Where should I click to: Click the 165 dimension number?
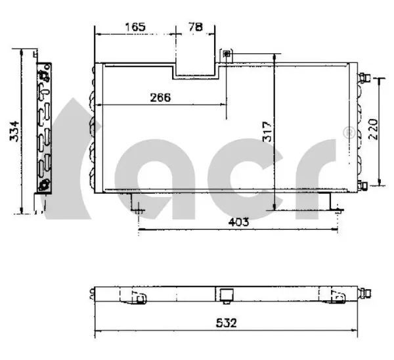click(135, 27)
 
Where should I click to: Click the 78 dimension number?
click(196, 27)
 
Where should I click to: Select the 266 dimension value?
click(160, 97)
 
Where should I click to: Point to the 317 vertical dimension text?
click(267, 132)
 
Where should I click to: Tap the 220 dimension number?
click(373, 129)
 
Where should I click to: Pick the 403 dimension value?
click(238, 222)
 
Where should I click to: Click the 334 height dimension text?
click(14, 131)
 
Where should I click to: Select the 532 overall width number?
click(226, 323)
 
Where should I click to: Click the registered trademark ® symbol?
click(349, 133)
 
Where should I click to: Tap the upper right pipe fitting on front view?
click(364, 78)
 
